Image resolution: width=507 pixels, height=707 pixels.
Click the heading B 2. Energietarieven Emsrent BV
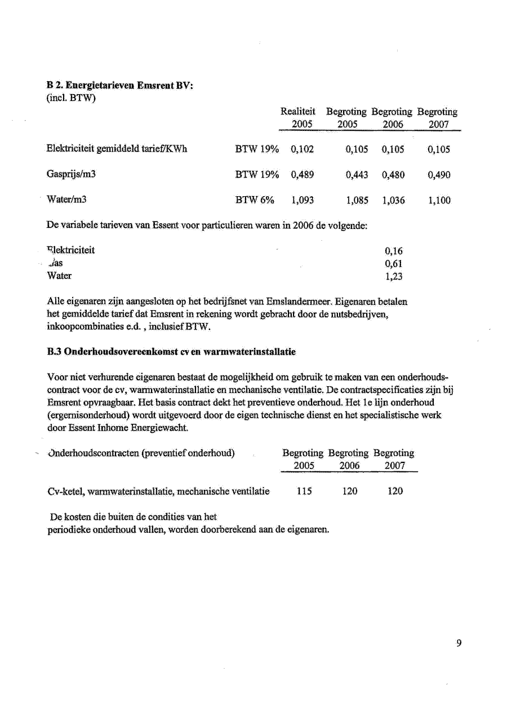[120, 85]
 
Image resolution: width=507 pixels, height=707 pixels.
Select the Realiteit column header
[298, 112]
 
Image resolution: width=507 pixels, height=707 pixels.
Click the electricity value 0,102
[303, 149]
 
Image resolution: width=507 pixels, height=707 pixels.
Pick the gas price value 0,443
[357, 175]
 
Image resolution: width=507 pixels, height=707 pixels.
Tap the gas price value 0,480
[393, 175]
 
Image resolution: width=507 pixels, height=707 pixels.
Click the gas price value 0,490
[439, 175]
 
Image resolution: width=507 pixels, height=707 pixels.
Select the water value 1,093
[303, 200]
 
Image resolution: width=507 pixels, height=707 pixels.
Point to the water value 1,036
[393, 200]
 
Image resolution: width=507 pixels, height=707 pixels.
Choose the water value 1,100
[439, 200]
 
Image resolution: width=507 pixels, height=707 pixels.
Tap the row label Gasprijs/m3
[71, 175]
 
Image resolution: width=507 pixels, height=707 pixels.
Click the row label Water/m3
[65, 200]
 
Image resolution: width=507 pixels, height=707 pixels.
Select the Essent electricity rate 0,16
[394, 251]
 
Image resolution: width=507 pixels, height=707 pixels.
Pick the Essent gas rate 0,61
[394, 263]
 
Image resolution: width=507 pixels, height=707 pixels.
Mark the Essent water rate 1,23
[394, 276]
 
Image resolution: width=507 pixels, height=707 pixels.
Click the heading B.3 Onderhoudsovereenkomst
[171, 351]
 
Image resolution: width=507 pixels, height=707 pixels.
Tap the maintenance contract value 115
[304, 491]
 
